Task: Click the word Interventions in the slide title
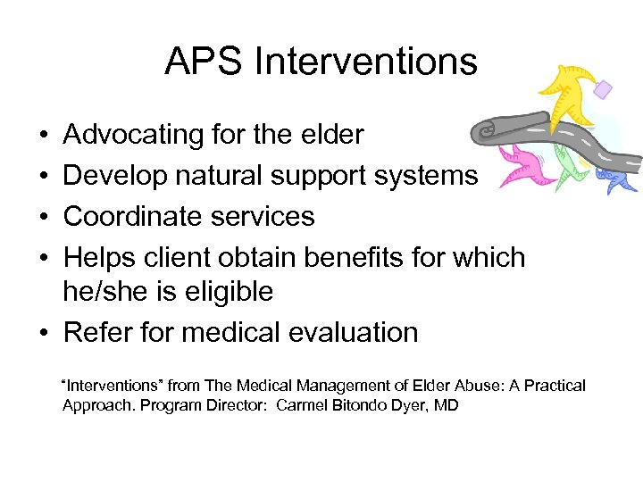pos(365,62)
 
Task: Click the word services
pos(265,217)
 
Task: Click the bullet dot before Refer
pos(44,333)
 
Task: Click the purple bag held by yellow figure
pos(604,88)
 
